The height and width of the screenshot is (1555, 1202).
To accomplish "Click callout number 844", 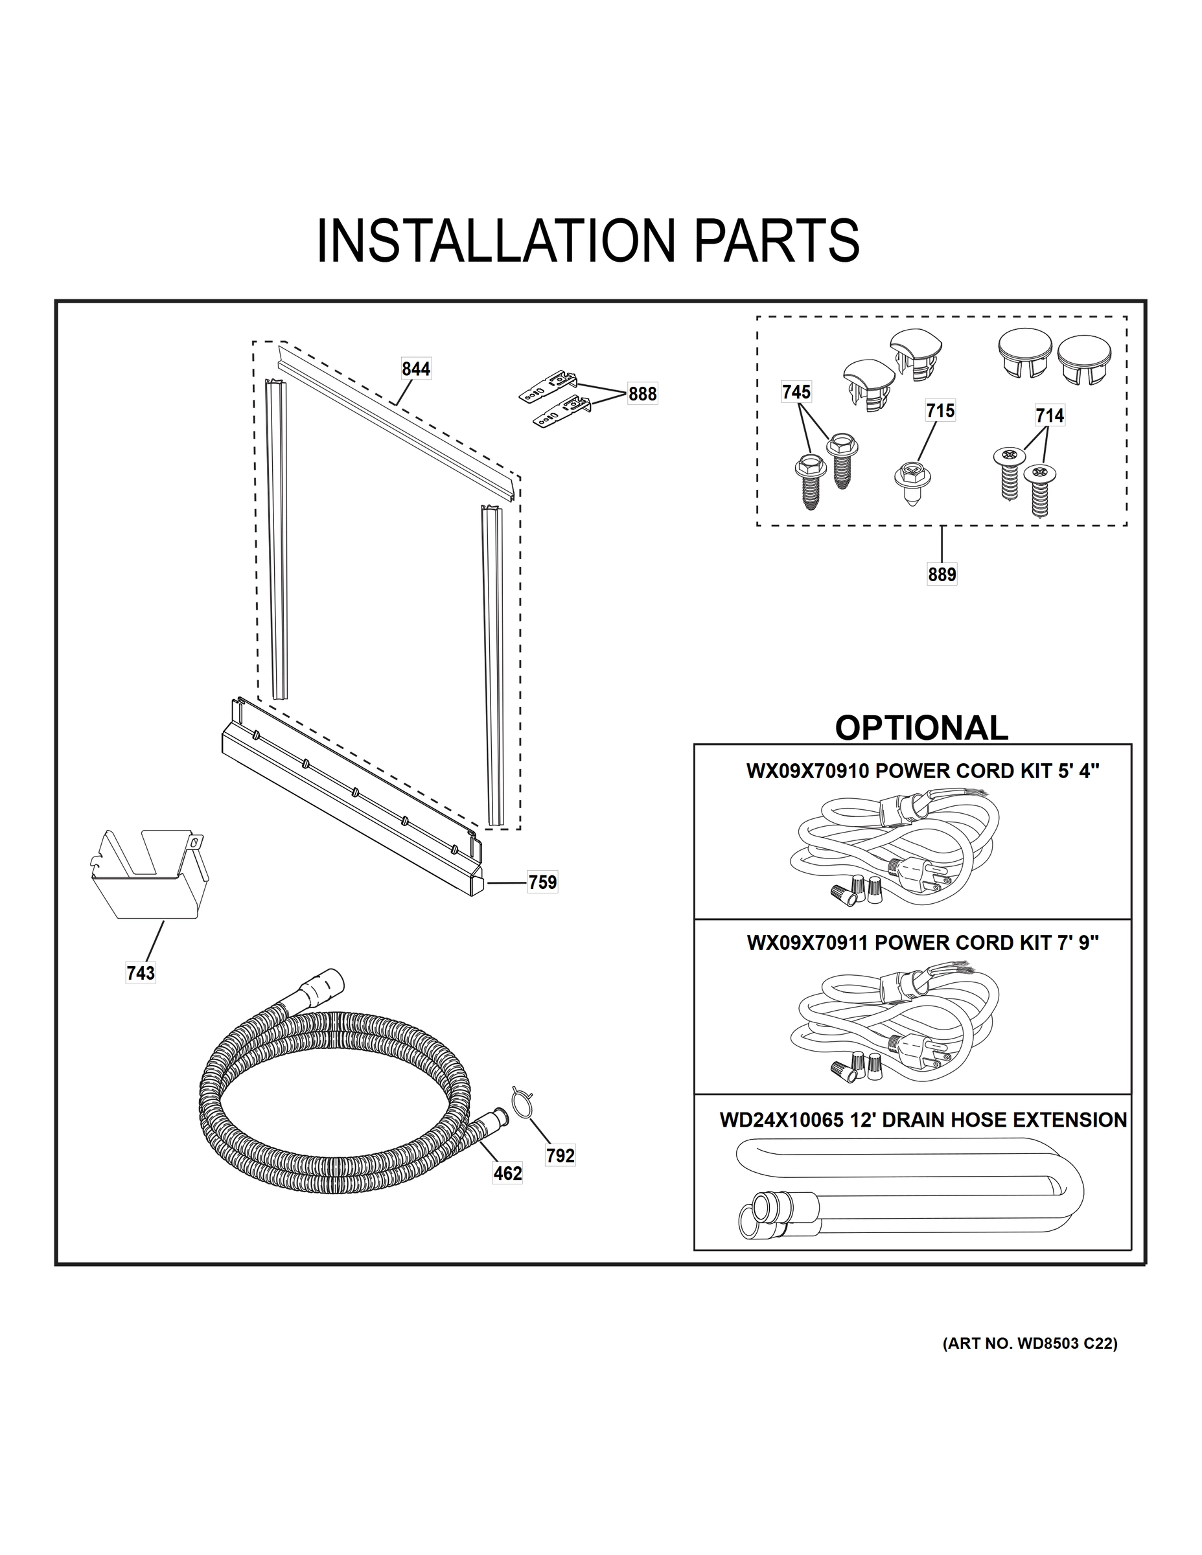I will click(416, 369).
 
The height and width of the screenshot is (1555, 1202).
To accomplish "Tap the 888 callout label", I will click(641, 394).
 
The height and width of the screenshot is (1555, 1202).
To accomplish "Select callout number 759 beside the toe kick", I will click(542, 882).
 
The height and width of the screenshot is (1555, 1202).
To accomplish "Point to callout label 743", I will click(140, 973).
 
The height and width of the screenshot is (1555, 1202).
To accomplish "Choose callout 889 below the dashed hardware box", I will click(942, 574).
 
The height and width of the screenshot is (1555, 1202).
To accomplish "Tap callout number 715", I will click(940, 411).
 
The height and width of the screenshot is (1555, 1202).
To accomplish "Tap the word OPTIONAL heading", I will click(921, 728).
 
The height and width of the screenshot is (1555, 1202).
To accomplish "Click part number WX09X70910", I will click(807, 771).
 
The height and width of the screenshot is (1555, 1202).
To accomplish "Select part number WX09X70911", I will click(807, 943).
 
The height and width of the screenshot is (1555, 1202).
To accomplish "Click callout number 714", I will click(1050, 415).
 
